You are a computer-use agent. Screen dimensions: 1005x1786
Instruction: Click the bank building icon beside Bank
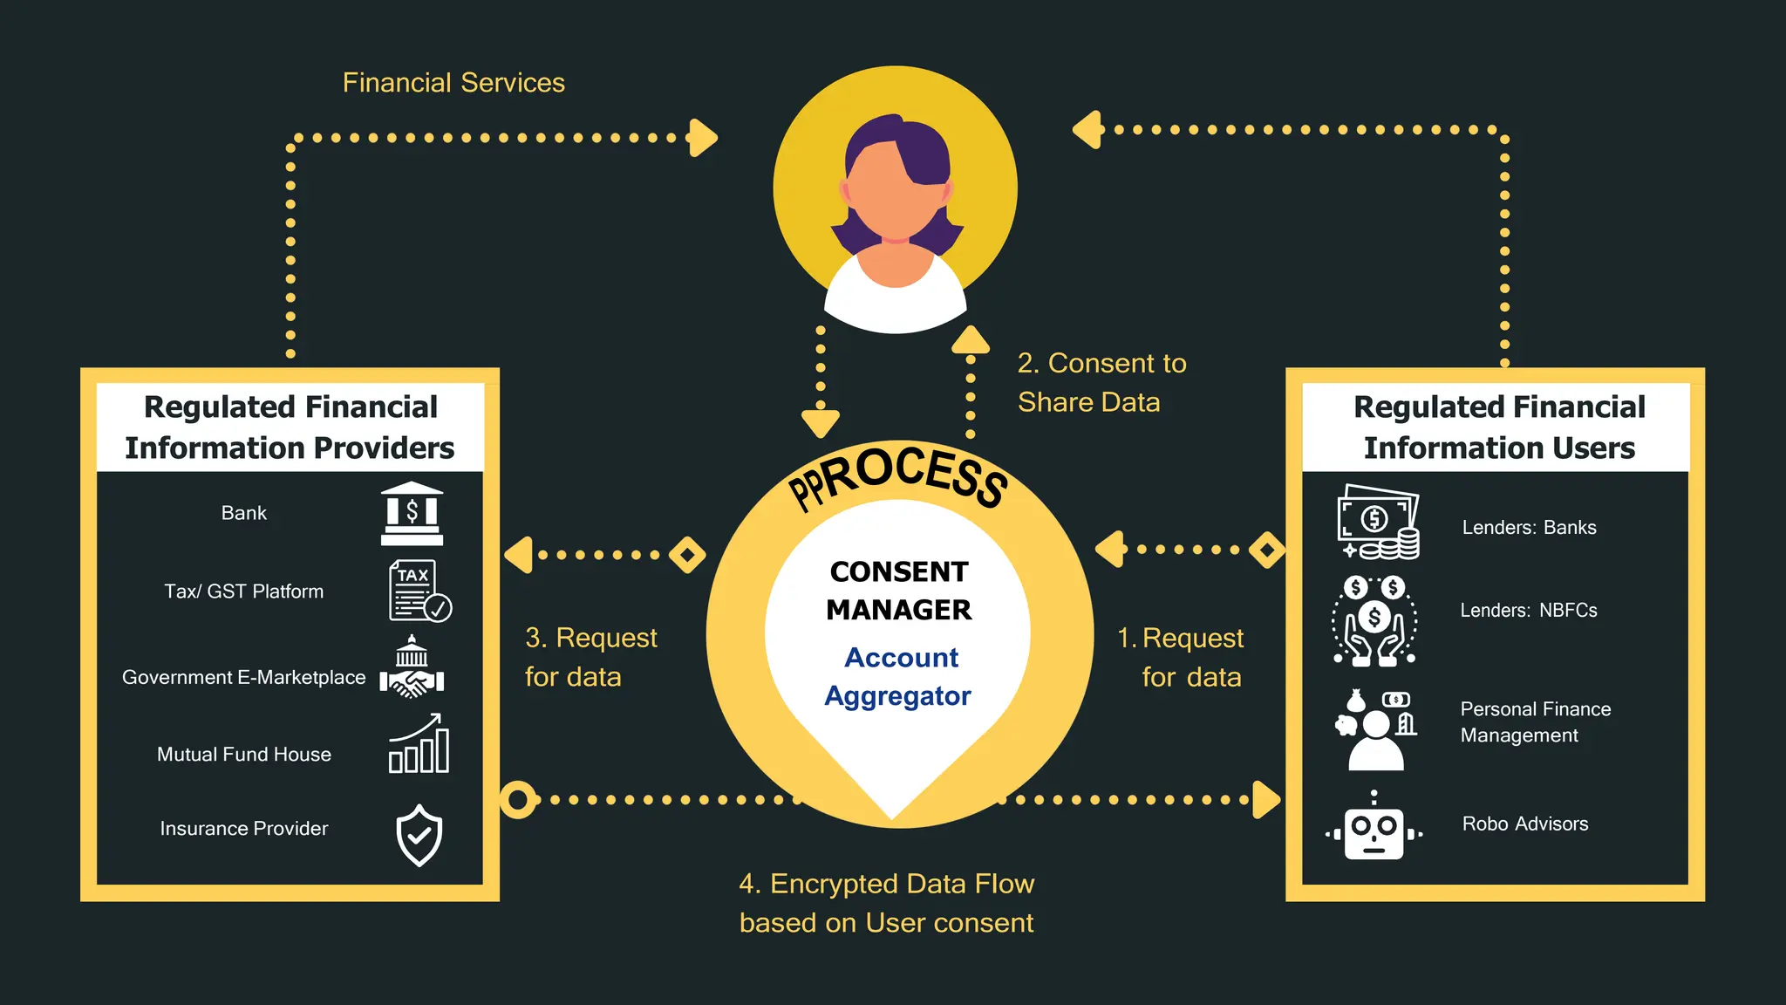coord(412,513)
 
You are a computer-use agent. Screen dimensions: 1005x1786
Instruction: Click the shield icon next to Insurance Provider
coord(419,835)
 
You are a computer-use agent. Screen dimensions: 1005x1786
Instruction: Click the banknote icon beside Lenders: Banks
coord(1378,523)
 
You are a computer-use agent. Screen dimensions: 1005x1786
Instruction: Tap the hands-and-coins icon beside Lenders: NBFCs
coord(1374,620)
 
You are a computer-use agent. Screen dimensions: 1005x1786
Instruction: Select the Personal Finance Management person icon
coord(1375,730)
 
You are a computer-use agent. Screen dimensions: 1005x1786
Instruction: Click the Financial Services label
coord(453,83)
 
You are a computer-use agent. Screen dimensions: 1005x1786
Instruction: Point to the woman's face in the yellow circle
coord(895,192)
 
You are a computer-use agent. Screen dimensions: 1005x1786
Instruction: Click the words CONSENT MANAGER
coord(898,591)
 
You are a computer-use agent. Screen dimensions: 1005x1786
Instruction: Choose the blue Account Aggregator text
coord(899,676)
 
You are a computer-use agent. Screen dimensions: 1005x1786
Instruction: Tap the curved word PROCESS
coord(898,475)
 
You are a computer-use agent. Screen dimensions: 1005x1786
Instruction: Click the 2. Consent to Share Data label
coord(1101,382)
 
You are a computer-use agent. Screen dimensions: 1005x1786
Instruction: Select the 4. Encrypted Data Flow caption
coord(886,903)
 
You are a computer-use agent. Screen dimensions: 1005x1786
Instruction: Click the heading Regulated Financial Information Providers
coord(290,427)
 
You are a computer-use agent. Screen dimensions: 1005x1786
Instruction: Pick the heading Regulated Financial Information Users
coord(1499,427)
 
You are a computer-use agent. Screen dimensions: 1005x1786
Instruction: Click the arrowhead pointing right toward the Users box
coord(1266,799)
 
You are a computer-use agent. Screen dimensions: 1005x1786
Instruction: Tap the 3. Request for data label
coord(590,657)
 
